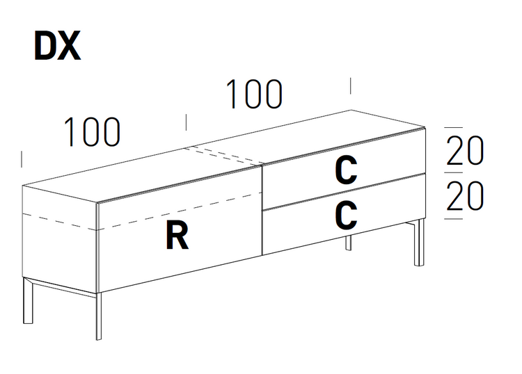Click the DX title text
coord(57,46)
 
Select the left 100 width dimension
coord(92,132)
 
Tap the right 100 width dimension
coord(254,95)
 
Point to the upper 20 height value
coord(464,151)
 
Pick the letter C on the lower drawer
coord(346,216)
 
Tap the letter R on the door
coord(177,237)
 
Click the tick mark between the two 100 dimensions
coord(186,122)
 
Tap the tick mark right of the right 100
coord(350,86)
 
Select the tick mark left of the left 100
coord(22,158)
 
